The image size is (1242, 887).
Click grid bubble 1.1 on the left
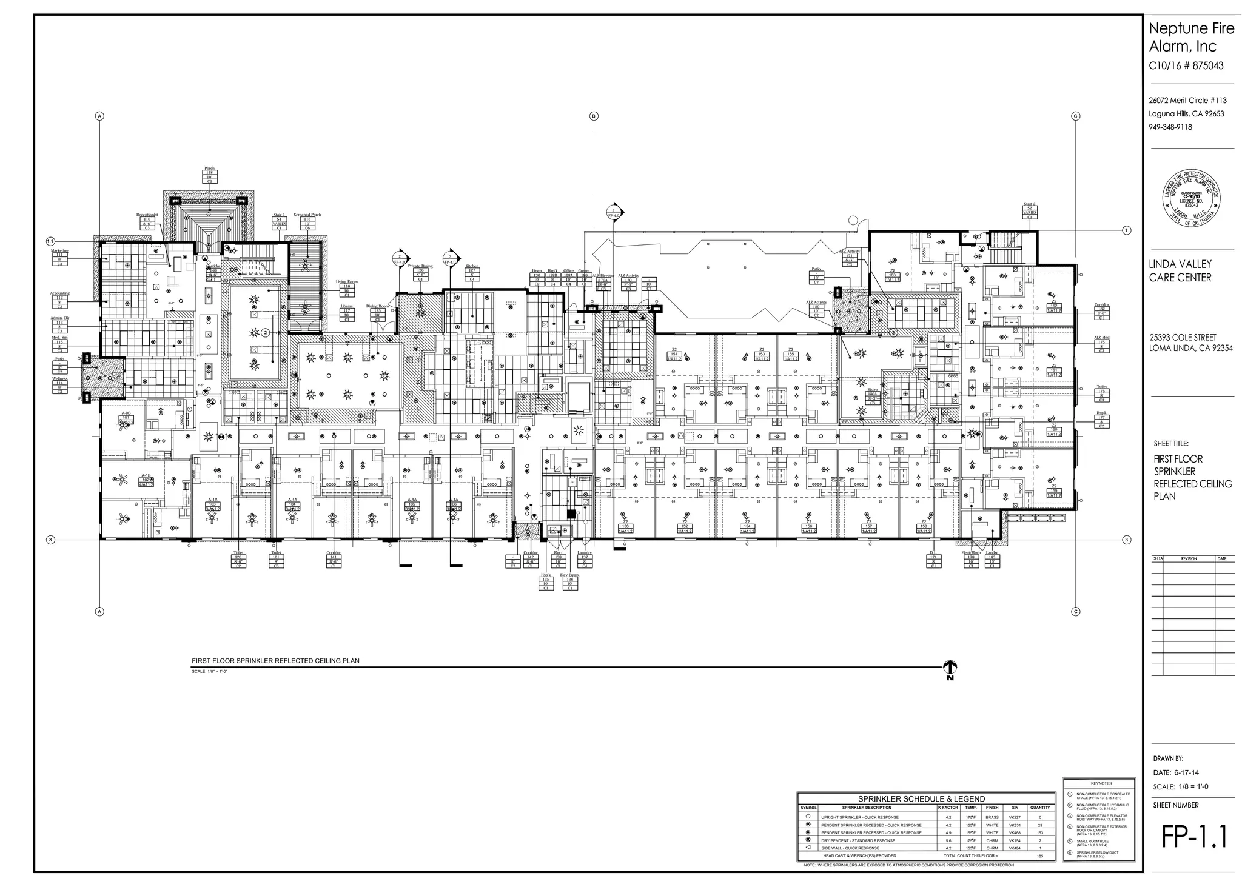tap(51, 241)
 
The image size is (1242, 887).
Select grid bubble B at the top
tap(594, 116)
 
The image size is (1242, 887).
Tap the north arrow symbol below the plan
tap(950, 669)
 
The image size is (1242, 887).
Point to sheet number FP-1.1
tap(1193, 837)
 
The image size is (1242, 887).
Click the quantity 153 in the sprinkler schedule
tap(1039, 832)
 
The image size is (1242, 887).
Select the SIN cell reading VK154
tap(1015, 840)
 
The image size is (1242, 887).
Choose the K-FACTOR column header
tap(948, 808)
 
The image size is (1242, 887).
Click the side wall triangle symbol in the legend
tap(808, 847)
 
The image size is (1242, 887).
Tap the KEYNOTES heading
tap(1101, 783)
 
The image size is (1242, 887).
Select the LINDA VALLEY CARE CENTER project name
tap(1180, 270)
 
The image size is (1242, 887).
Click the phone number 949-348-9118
tap(1170, 127)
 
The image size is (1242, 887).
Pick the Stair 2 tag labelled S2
tap(1029, 210)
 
